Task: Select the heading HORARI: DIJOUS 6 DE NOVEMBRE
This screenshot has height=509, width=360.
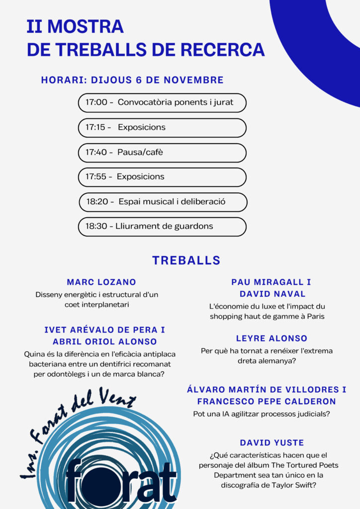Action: point(132,80)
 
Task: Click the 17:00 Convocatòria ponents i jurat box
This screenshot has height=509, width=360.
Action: point(162,103)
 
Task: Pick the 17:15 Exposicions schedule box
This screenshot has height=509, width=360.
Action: point(162,128)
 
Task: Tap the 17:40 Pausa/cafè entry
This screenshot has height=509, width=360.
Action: point(162,153)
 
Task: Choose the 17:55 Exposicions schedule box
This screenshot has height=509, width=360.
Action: point(162,177)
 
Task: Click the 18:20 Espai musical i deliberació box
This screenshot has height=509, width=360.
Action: point(163,202)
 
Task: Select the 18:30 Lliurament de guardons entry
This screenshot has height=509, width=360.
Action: point(162,227)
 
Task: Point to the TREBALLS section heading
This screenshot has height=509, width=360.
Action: point(186,260)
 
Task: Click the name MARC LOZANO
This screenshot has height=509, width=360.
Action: point(101,282)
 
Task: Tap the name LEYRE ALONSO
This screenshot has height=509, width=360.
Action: point(271,339)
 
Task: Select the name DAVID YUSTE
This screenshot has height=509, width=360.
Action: point(272,442)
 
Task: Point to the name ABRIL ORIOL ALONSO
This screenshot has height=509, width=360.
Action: point(105,341)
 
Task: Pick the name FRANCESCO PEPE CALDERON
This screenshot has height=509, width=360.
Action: point(267,401)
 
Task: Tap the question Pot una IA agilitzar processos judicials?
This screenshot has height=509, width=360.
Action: point(262,414)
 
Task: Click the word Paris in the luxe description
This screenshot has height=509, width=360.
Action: point(314,317)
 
